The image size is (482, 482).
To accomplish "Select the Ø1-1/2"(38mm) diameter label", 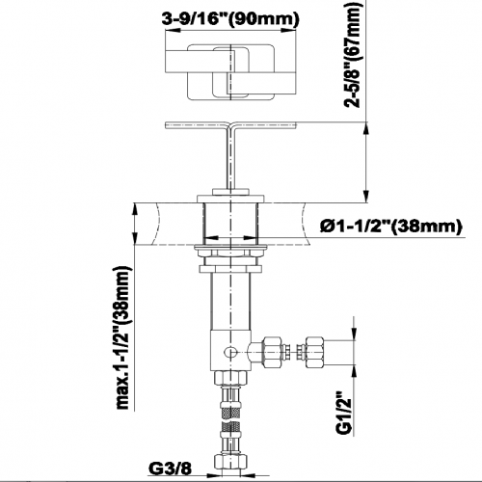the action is [390, 227].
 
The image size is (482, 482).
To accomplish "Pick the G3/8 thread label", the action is [171, 469].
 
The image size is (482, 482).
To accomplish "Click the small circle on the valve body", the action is [229, 352].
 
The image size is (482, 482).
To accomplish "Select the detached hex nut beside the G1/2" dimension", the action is [314, 352].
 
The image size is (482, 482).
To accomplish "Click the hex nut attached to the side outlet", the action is [273, 352].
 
